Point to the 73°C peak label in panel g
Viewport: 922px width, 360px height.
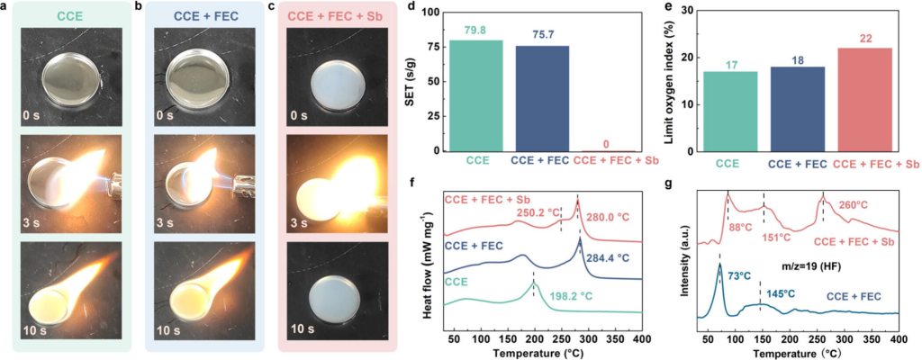pos(739,276)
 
